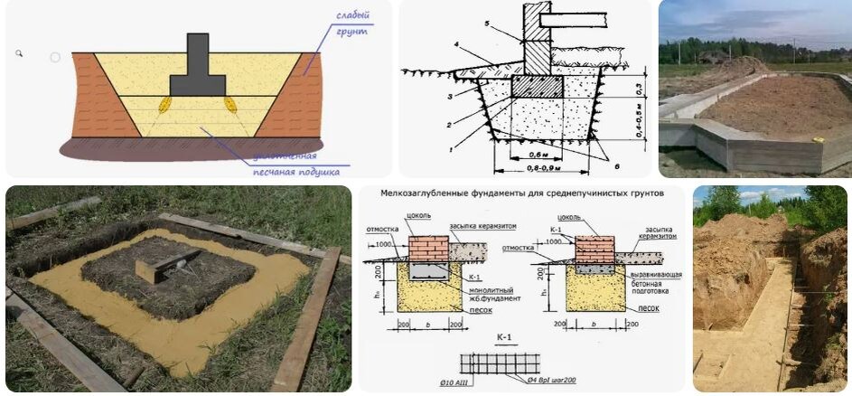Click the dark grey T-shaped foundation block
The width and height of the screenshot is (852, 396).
(198, 72)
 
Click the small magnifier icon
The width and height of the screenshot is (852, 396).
(19, 54)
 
